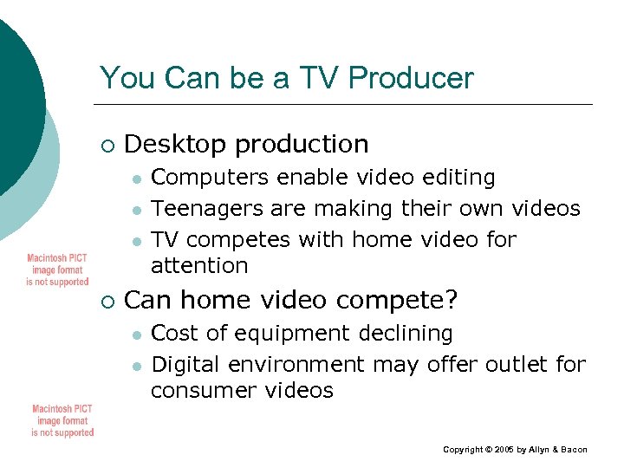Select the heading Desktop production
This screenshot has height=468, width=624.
point(247,143)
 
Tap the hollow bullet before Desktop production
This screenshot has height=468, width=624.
point(107,144)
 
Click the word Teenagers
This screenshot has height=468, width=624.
point(206,208)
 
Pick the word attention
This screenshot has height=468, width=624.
point(199,265)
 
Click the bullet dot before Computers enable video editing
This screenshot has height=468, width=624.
point(136,179)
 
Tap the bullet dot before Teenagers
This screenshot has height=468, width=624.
point(136,210)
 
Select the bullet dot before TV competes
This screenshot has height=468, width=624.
point(136,240)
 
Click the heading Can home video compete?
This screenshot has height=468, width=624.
point(292,300)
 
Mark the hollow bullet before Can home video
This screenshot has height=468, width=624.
point(107,301)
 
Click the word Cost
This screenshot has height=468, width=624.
point(174,334)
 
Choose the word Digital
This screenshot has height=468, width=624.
point(185,364)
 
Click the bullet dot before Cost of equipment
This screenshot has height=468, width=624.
point(136,335)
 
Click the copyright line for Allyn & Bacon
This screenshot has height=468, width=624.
point(515,450)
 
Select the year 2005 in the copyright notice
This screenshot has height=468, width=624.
point(504,450)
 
